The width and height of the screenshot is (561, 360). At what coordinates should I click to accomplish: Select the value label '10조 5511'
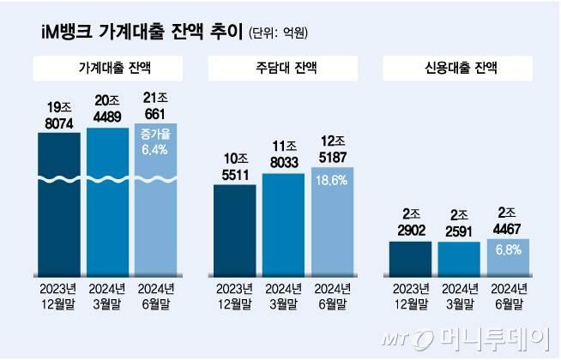pos(234,166)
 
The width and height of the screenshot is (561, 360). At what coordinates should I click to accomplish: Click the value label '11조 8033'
pos(282,156)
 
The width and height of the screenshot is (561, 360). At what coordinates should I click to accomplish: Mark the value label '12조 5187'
pos(331,150)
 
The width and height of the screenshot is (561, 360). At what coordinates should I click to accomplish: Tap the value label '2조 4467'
pos(507,222)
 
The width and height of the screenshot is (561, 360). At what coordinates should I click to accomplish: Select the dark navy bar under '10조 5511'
pos(234,227)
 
